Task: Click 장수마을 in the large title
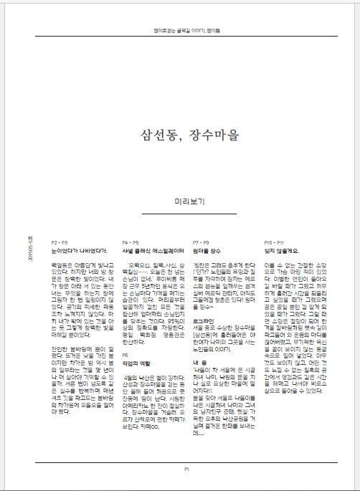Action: pyautogui.click(x=209, y=136)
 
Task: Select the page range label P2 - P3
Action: pyautogui.click(x=60, y=242)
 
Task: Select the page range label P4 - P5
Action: pyautogui.click(x=131, y=242)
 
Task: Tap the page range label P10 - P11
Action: pyautogui.click(x=274, y=242)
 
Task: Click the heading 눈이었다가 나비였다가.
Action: pyautogui.click(x=80, y=250)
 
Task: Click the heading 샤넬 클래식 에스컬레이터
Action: pyautogui.click(x=153, y=250)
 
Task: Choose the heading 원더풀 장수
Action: pyautogui.click(x=209, y=250)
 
